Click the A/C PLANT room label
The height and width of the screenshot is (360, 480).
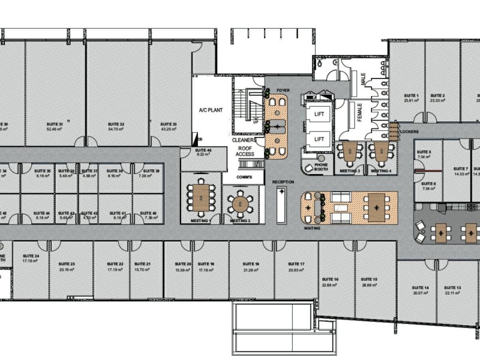click(x=211, y=111)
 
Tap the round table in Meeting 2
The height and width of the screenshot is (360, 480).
click(x=241, y=203)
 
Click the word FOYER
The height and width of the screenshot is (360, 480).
click(x=283, y=91)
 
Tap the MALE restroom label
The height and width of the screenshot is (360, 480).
click(x=363, y=79)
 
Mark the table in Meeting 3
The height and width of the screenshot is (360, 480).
click(x=348, y=152)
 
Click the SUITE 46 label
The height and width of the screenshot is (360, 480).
click(x=203, y=151)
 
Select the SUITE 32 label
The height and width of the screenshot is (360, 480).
click(x=117, y=125)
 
